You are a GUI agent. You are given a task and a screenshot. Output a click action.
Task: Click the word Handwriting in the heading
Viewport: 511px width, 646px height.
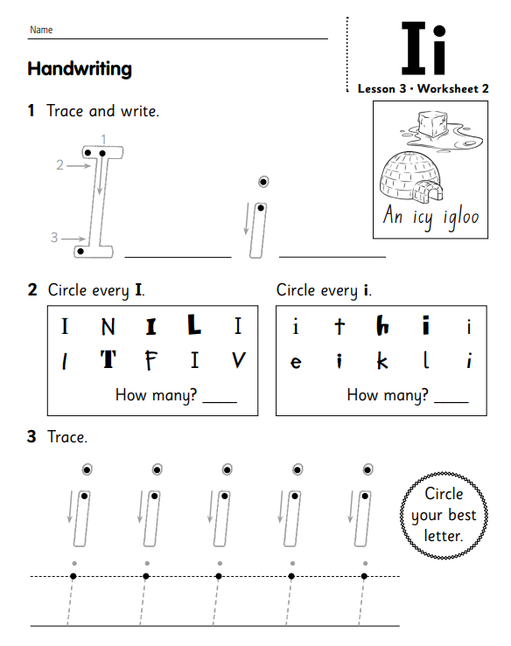point(80,68)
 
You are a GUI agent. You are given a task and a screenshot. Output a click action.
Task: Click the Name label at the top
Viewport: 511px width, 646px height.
point(41,30)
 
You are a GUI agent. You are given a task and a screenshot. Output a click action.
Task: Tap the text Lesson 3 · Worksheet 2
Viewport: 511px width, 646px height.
point(423,88)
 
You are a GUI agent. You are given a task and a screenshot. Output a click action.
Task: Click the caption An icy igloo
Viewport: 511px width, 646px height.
point(430,216)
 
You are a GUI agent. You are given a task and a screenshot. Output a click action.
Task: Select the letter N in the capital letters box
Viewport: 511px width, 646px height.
point(108,328)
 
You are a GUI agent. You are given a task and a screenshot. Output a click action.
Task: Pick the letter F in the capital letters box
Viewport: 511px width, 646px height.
point(152,360)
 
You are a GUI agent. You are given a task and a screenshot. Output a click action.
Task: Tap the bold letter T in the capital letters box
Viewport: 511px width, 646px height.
point(108,360)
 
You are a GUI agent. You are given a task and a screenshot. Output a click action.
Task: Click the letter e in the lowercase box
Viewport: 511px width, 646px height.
point(296,362)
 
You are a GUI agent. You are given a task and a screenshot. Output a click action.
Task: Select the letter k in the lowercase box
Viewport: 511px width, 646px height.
point(382,360)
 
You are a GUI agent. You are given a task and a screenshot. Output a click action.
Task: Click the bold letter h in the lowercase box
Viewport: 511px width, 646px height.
point(382,327)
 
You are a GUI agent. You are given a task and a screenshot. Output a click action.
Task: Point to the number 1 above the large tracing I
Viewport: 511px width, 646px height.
point(103,139)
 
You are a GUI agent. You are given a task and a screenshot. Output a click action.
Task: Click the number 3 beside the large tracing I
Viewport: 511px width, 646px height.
point(54,236)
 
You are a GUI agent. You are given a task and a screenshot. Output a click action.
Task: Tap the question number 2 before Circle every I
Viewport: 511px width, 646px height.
point(31,289)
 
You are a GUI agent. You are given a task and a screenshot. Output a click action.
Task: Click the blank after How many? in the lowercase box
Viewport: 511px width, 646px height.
point(451,397)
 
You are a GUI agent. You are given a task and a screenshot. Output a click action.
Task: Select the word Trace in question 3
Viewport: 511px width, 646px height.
point(67,436)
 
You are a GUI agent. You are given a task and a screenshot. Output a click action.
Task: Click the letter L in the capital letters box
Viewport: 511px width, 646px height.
point(194,327)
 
